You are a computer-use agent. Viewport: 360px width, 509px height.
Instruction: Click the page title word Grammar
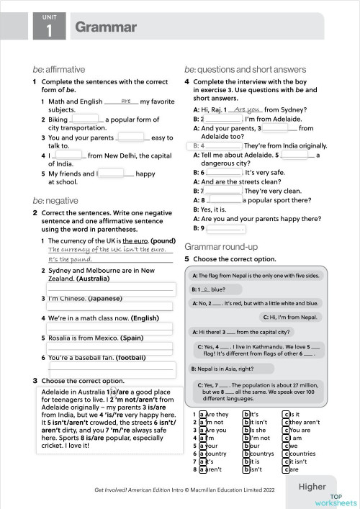click(x=105, y=27)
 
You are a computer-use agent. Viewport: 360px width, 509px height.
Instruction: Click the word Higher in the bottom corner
click(x=312, y=487)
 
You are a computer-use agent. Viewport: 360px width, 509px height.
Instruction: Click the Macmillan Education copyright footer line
click(x=184, y=490)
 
